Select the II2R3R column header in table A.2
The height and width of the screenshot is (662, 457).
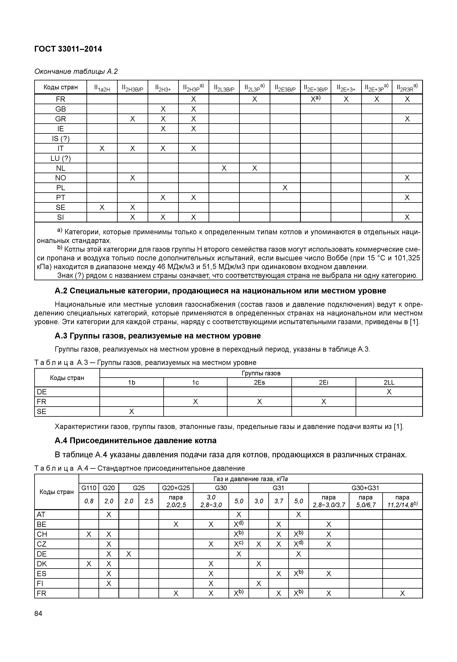click(x=407, y=87)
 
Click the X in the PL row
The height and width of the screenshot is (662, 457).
click(x=285, y=188)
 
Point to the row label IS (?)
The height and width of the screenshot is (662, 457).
click(x=61, y=138)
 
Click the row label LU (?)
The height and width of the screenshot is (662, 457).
click(x=61, y=158)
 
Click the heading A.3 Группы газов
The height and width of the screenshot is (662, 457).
click(x=157, y=336)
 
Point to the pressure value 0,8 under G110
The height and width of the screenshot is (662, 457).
click(x=89, y=501)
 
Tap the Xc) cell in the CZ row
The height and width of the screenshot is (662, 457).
click(x=239, y=544)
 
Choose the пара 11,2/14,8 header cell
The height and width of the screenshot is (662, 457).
click(x=402, y=501)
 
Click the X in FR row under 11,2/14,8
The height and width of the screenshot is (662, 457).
click(x=402, y=593)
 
